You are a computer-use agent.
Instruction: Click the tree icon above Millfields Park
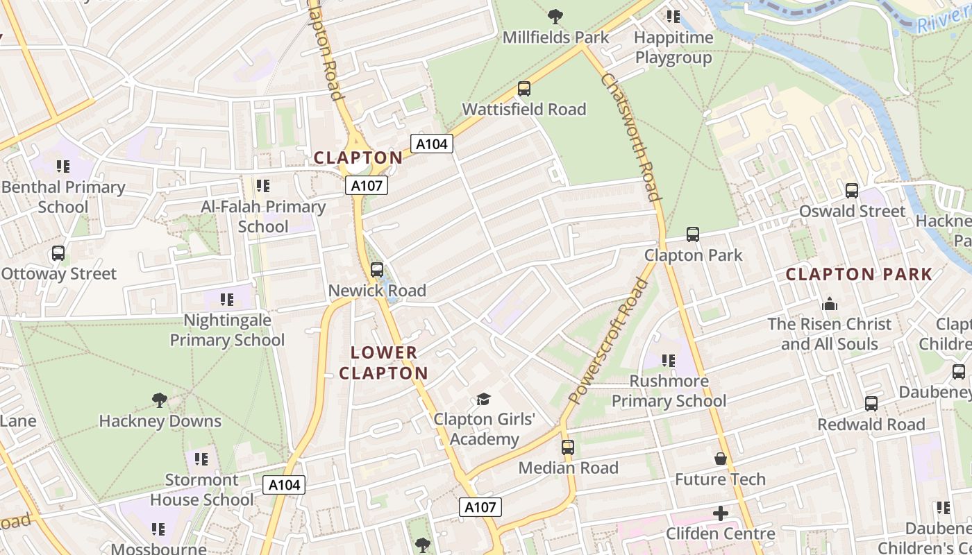(555, 15)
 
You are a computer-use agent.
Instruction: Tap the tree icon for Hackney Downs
(160, 400)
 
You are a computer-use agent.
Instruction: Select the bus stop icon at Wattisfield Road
(524, 89)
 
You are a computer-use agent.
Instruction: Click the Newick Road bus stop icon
(377, 270)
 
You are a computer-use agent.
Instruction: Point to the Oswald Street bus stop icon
(852, 191)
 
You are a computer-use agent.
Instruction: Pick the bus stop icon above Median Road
(568, 447)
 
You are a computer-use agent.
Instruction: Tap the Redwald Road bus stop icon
(871, 403)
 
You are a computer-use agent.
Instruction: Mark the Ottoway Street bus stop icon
(58, 253)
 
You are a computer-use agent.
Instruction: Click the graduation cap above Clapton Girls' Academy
(483, 399)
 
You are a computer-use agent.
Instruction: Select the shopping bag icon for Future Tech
(721, 459)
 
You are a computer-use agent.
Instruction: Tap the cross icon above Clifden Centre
(721, 513)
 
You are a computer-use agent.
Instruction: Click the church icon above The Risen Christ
(829, 304)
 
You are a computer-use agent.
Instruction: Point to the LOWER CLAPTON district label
(384, 363)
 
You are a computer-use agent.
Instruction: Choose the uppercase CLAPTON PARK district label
(859, 274)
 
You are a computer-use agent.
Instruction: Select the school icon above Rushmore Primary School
(669, 360)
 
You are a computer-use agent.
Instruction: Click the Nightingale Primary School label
(227, 330)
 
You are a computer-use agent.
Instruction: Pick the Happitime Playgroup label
(673, 47)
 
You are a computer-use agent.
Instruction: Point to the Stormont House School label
(202, 490)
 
